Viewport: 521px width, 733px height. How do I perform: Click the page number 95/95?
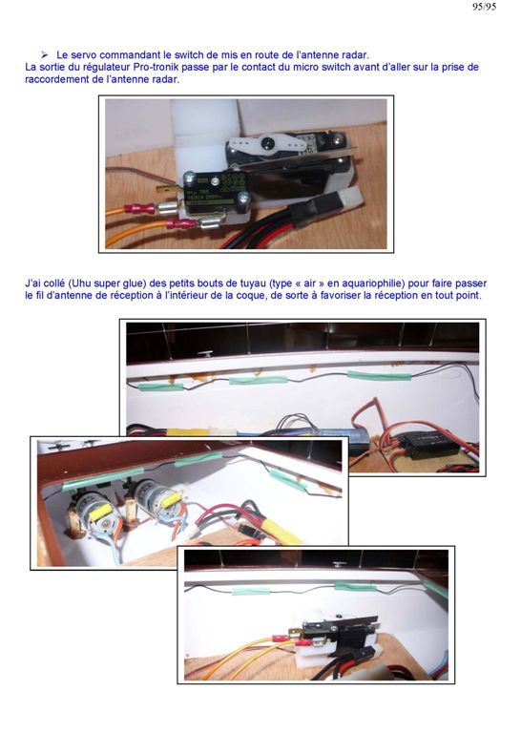tap(484, 7)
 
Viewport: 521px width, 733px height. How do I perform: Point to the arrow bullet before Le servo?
tap(45, 55)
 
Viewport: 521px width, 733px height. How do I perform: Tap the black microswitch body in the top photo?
tap(214, 191)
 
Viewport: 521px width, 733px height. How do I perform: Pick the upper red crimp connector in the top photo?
tap(139, 208)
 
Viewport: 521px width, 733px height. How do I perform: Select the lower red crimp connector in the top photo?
tap(181, 225)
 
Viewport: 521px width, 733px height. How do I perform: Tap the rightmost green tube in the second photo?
tap(380, 375)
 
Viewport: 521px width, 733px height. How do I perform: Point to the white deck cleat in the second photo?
tap(204, 353)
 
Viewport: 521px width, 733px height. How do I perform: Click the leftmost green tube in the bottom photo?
tap(251, 592)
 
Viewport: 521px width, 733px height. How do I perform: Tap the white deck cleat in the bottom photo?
tap(338, 566)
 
